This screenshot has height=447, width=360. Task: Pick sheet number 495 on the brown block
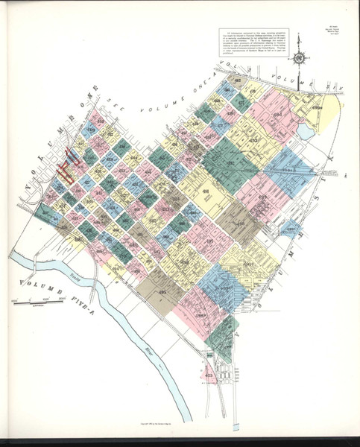[162, 293]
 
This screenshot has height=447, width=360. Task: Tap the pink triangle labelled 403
[209, 374]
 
